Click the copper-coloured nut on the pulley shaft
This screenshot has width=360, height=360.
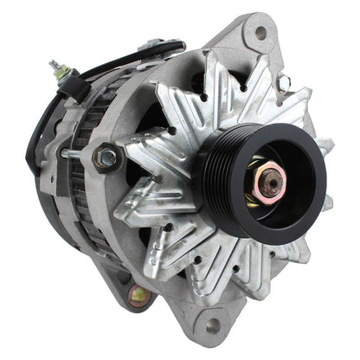point(270,179)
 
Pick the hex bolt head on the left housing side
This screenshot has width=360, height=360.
point(107,157)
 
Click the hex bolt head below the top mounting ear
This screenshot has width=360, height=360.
point(282,82)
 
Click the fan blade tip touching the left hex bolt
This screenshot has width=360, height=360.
point(130,156)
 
